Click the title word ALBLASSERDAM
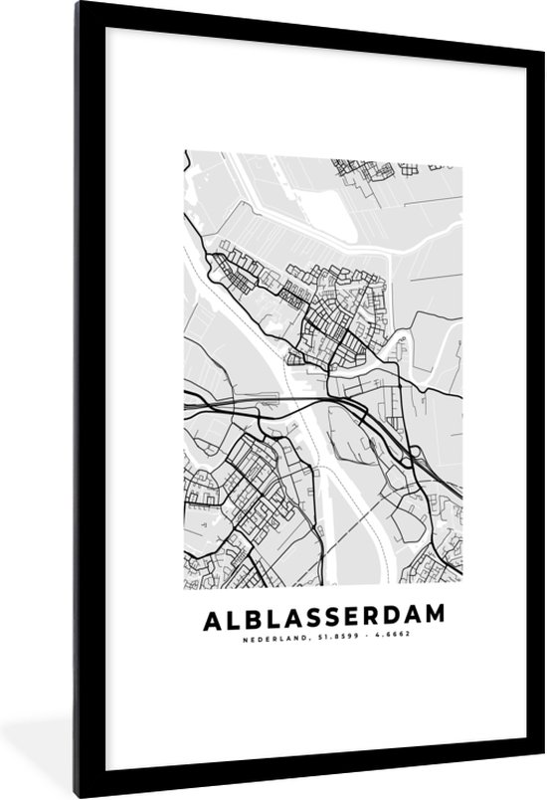pos(323,620)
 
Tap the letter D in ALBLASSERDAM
pos(392,620)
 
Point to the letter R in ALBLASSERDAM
pos(370,620)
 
